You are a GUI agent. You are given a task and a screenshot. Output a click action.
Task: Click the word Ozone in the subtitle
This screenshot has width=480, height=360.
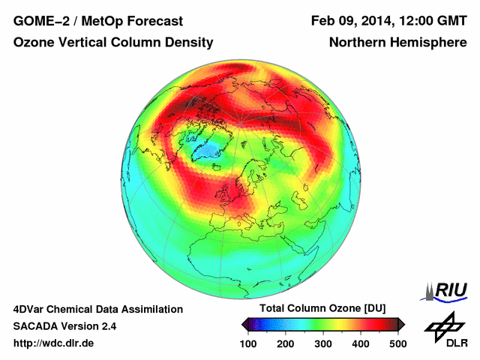(x=34, y=43)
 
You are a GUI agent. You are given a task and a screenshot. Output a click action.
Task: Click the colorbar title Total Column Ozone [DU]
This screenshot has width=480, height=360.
(x=322, y=309)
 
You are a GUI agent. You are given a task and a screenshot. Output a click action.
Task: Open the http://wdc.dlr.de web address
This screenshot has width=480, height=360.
(x=54, y=343)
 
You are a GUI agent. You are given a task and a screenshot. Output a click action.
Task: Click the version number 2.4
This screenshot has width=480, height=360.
(x=108, y=326)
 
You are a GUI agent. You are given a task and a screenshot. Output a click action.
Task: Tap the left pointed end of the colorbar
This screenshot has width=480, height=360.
(x=244, y=324)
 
